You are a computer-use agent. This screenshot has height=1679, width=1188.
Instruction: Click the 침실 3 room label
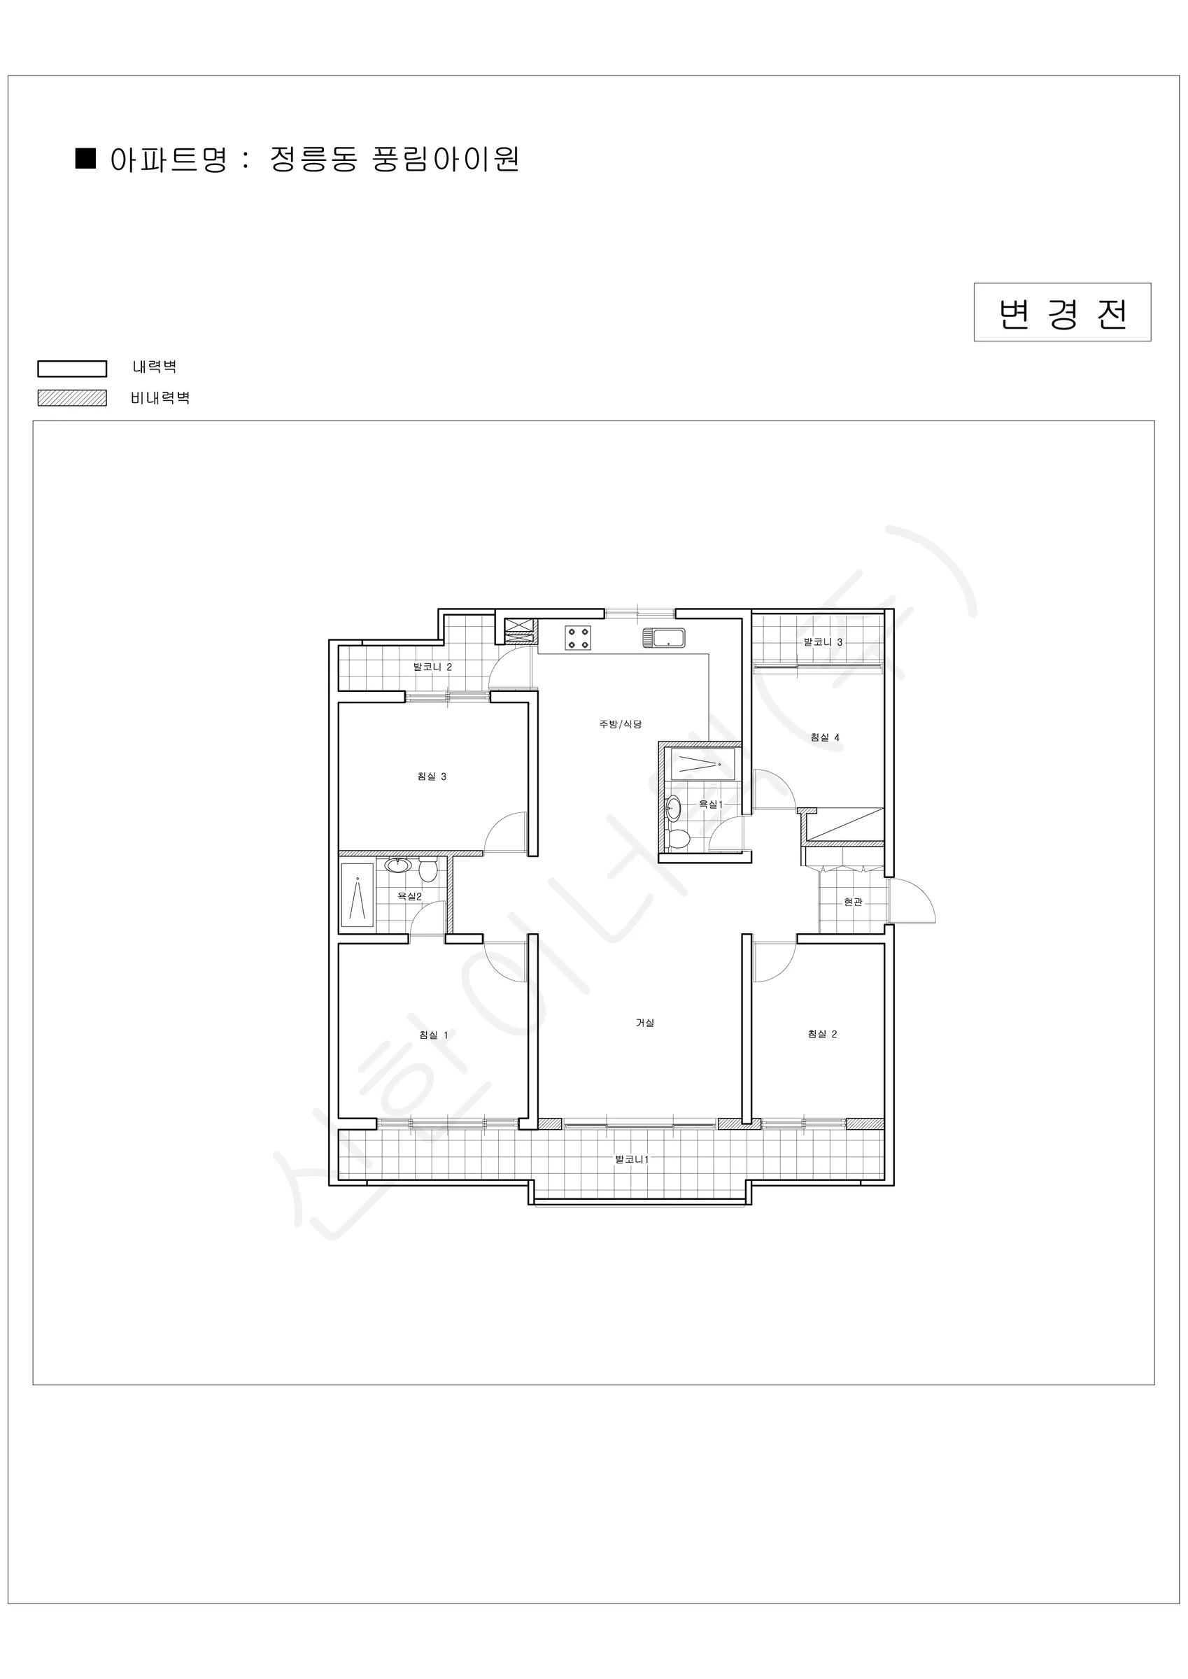pos(432,777)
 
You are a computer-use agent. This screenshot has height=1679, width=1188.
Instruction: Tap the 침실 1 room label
pos(434,1035)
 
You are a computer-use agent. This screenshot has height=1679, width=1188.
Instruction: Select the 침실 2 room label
pos(822,1034)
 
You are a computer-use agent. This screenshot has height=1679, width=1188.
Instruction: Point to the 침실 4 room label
pos(824,737)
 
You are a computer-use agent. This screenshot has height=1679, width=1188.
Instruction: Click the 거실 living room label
pos(644,1023)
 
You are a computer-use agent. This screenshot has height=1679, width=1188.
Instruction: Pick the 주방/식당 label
pos(621,724)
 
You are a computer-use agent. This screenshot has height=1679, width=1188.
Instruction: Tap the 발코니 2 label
pos(432,667)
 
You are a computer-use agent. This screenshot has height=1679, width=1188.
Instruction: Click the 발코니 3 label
pos(823,642)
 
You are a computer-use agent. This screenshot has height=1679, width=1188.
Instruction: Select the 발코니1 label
pos(632,1159)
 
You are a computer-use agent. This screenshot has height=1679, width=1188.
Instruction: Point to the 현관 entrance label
pos(853,902)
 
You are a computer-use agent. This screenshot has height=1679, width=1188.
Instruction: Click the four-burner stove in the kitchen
pos(577,637)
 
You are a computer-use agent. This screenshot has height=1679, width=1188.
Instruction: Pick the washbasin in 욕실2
pos(398,865)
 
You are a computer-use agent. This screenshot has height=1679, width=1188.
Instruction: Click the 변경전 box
pos(1062,312)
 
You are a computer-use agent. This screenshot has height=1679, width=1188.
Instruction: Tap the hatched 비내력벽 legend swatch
pos(73,398)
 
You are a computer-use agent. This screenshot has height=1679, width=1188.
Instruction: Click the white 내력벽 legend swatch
pos(73,369)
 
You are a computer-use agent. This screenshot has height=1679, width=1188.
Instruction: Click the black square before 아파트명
pos(86,158)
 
